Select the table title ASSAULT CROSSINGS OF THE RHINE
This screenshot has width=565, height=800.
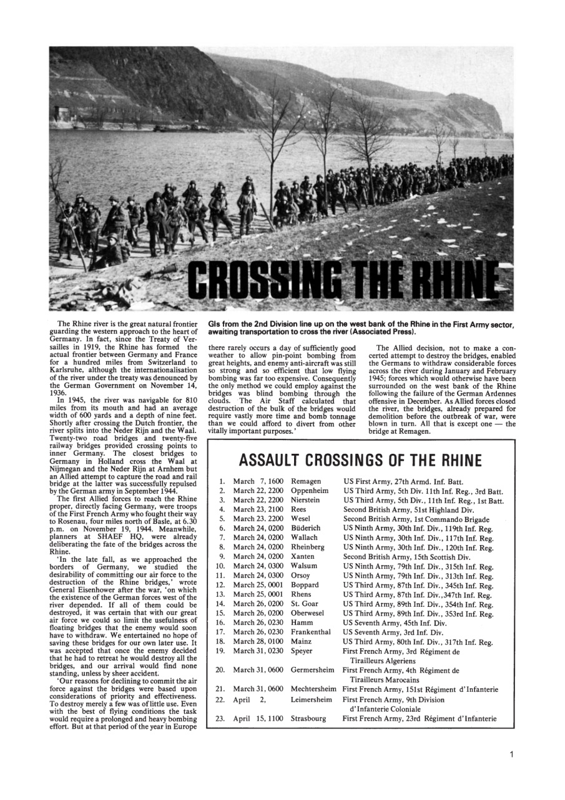coord(360,461)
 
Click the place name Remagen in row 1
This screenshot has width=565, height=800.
coord(306,481)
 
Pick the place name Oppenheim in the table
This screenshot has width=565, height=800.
coord(310,491)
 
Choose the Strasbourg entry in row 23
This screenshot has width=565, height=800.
coord(308,718)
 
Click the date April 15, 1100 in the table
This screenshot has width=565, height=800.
coord(258,718)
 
